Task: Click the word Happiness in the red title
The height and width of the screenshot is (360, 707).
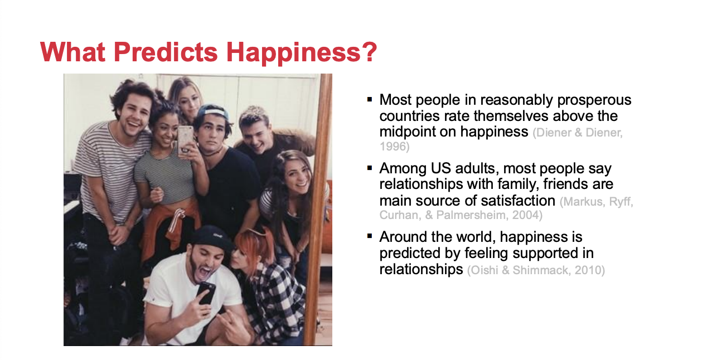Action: pyautogui.click(x=293, y=52)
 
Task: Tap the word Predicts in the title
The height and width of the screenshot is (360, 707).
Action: pyautogui.click(x=166, y=51)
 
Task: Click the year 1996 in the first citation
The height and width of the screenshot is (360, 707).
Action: pyautogui.click(x=393, y=147)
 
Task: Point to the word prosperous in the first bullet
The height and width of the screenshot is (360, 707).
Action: pyautogui.click(x=594, y=100)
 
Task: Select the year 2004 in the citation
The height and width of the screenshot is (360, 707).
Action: pyautogui.click(x=526, y=215)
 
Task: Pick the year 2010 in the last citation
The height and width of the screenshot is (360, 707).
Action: pyautogui.click(x=588, y=270)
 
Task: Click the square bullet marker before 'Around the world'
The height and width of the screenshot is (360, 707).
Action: pyautogui.click(x=370, y=236)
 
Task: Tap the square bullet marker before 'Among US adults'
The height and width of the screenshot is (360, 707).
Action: pyautogui.click(x=370, y=168)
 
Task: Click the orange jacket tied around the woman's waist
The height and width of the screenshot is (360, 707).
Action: pyautogui.click(x=171, y=225)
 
